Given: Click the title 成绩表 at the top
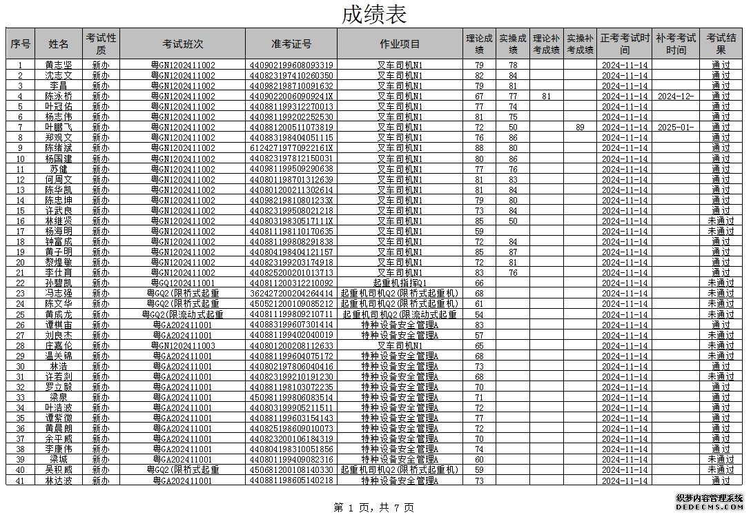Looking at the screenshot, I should pyautogui.click(x=374, y=14).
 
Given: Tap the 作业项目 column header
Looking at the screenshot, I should pyautogui.click(x=400, y=44).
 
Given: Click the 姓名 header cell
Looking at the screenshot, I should pyautogui.click(x=59, y=44).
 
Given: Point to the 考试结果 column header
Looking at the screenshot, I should pyautogui.click(x=721, y=44).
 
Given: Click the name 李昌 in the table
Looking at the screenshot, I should pyautogui.click(x=59, y=86).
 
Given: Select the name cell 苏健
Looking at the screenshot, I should pyautogui.click(x=59, y=169).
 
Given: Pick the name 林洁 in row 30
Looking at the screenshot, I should pyautogui.click(x=59, y=366).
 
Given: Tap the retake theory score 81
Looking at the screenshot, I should pyautogui.click(x=546, y=97).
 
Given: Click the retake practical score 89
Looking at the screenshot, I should pyautogui.click(x=580, y=128).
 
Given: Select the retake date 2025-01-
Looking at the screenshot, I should pyautogui.click(x=676, y=128).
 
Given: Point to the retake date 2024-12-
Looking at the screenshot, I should pyautogui.click(x=676, y=97).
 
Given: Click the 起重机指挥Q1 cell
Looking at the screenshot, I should pyautogui.click(x=400, y=283).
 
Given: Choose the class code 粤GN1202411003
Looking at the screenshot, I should pyautogui.click(x=183, y=345).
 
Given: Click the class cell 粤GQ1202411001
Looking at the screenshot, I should pyautogui.click(x=183, y=283).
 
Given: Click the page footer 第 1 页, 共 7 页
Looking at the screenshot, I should pyautogui.click(x=373, y=507).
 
